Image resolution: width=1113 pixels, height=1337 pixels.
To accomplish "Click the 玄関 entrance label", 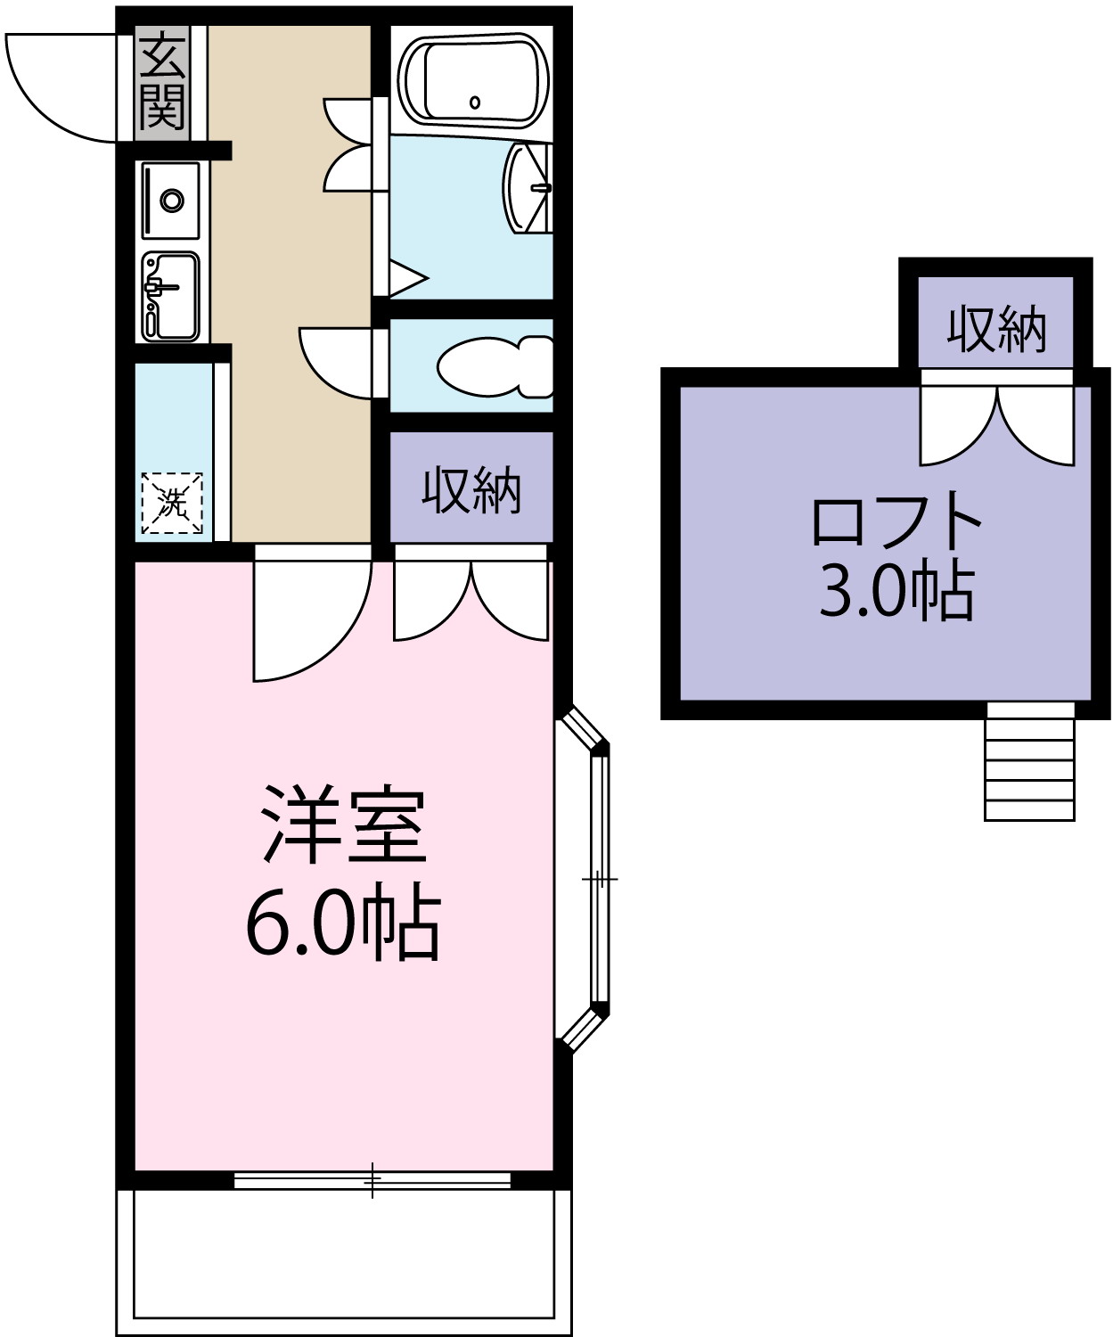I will (x=162, y=81).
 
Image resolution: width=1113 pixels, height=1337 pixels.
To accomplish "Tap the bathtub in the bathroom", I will (x=473, y=79).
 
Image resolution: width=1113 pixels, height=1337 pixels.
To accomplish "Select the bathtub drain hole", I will (x=474, y=103).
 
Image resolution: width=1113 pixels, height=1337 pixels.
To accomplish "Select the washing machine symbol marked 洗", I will (x=172, y=503).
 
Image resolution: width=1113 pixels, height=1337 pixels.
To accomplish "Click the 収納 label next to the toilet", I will (x=471, y=489).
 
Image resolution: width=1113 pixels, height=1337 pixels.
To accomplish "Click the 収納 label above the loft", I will (x=995, y=329).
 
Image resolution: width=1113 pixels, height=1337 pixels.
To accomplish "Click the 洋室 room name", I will (x=343, y=824).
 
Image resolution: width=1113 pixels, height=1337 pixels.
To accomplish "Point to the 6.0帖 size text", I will (x=343, y=923).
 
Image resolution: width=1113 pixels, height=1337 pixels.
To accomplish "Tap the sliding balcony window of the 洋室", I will (x=372, y=1179).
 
